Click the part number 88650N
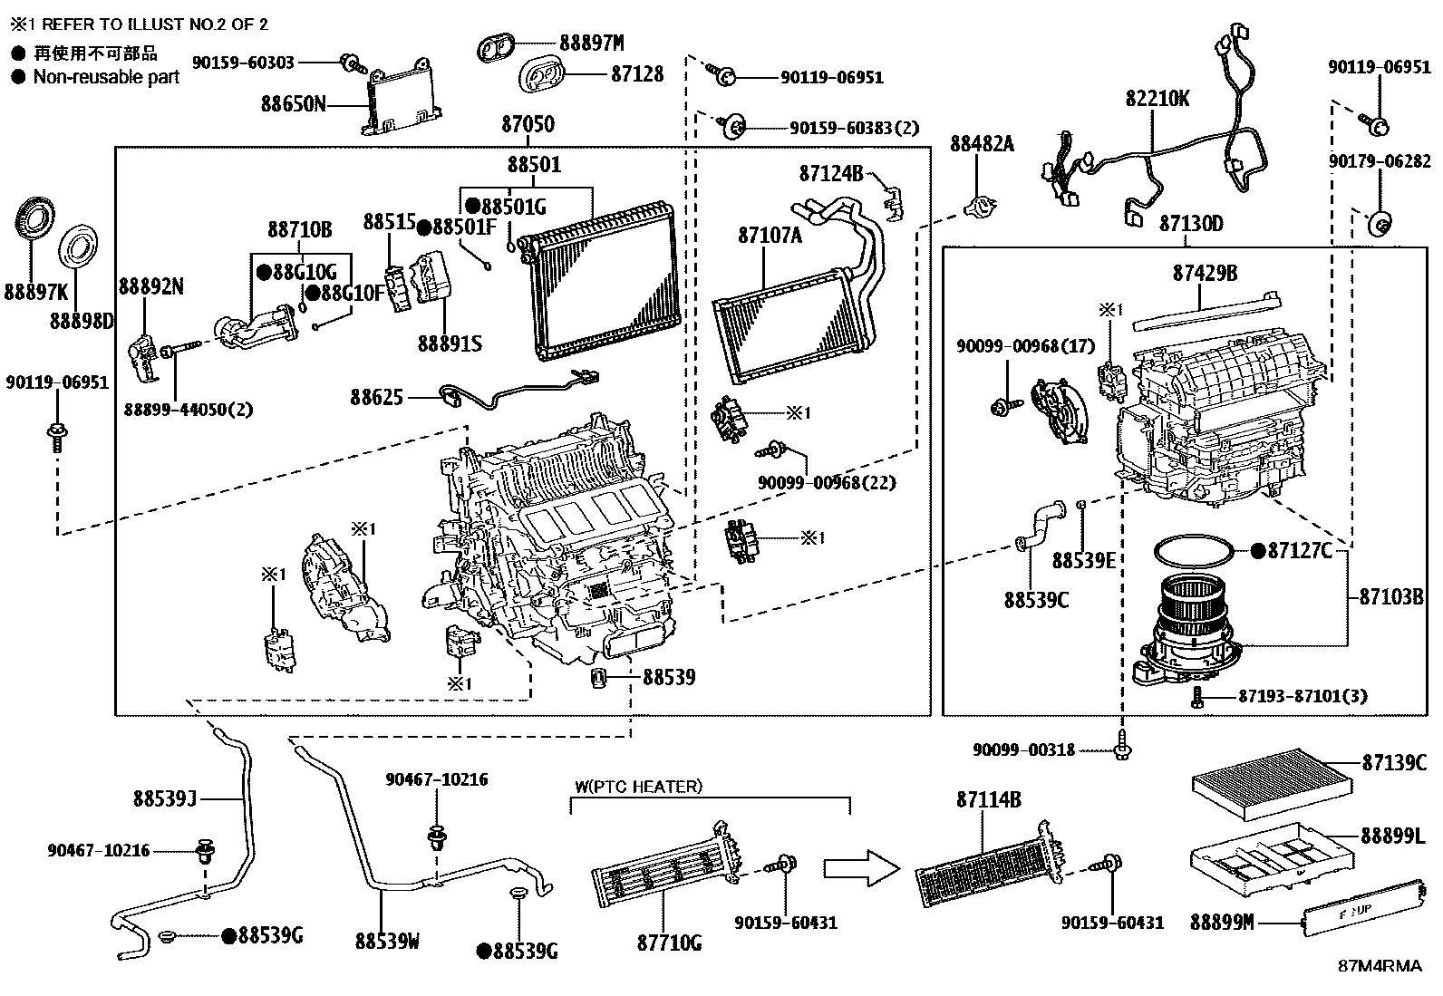293,103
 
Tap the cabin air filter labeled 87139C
1272,783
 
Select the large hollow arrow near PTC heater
861,868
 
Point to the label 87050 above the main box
528,123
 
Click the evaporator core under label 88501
598,280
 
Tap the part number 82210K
1157,99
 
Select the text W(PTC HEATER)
638,787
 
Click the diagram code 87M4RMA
1380,966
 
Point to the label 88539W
387,942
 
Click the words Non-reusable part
106,77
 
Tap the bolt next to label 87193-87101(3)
1197,697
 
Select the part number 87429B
1205,273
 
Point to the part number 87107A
770,236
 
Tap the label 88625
376,398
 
